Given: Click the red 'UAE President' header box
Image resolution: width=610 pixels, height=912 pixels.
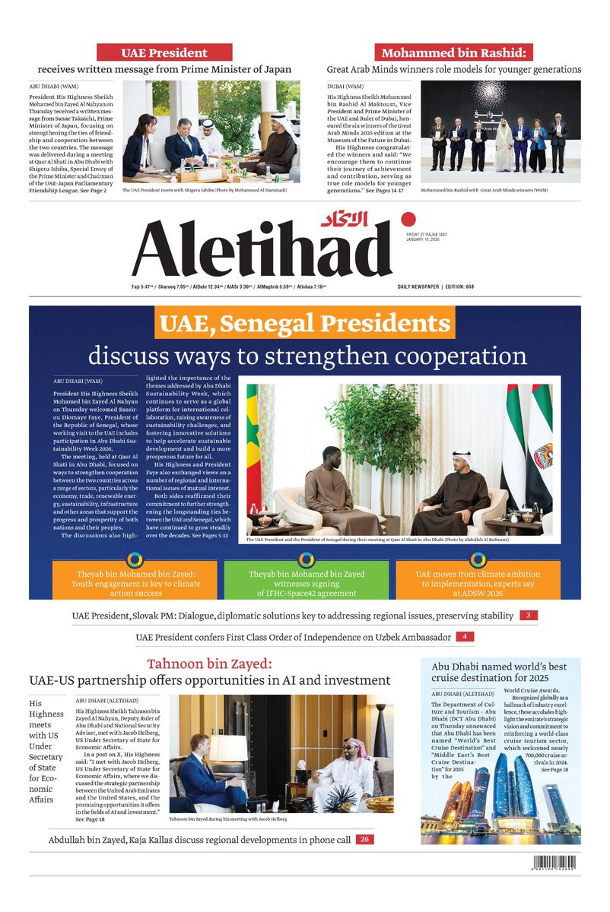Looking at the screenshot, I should [x=164, y=52].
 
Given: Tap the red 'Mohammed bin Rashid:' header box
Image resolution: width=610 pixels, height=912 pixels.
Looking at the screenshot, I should [x=453, y=52].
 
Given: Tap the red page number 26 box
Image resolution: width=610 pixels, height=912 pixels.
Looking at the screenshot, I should [x=364, y=839].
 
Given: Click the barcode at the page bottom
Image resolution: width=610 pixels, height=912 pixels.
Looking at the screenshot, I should [x=553, y=863].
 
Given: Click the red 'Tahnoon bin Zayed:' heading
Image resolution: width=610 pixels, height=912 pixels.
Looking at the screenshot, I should [x=209, y=663].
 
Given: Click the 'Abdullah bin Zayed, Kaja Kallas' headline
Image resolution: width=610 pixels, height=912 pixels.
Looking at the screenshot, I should [x=199, y=839].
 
